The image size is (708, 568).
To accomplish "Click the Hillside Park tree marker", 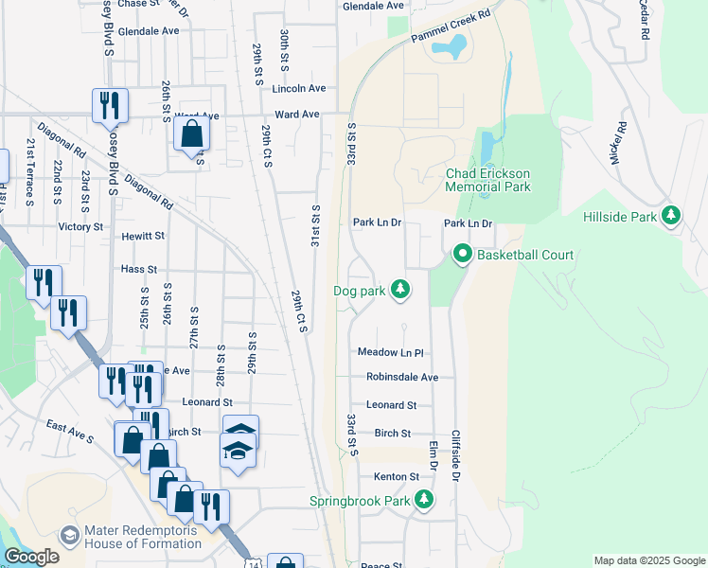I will click(671, 216).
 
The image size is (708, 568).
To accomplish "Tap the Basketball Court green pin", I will click(463, 255).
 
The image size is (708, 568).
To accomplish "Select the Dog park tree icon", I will click(400, 290).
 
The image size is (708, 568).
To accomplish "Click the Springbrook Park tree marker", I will click(426, 500).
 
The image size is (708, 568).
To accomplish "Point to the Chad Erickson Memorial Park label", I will click(488, 180).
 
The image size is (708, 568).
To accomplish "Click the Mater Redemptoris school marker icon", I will click(68, 535).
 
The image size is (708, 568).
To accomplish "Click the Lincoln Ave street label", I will click(298, 88).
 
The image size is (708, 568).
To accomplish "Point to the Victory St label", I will click(80, 227).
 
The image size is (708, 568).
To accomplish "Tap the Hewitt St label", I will click(143, 236).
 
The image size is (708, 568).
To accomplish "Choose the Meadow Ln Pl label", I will click(389, 352).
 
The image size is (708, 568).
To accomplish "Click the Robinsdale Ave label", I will click(402, 377).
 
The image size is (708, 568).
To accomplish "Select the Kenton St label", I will click(396, 476).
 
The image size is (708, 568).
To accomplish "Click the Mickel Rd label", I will click(619, 143).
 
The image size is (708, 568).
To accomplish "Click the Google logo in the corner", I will click(32, 558).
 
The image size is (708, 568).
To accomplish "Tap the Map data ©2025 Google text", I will click(648, 560).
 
